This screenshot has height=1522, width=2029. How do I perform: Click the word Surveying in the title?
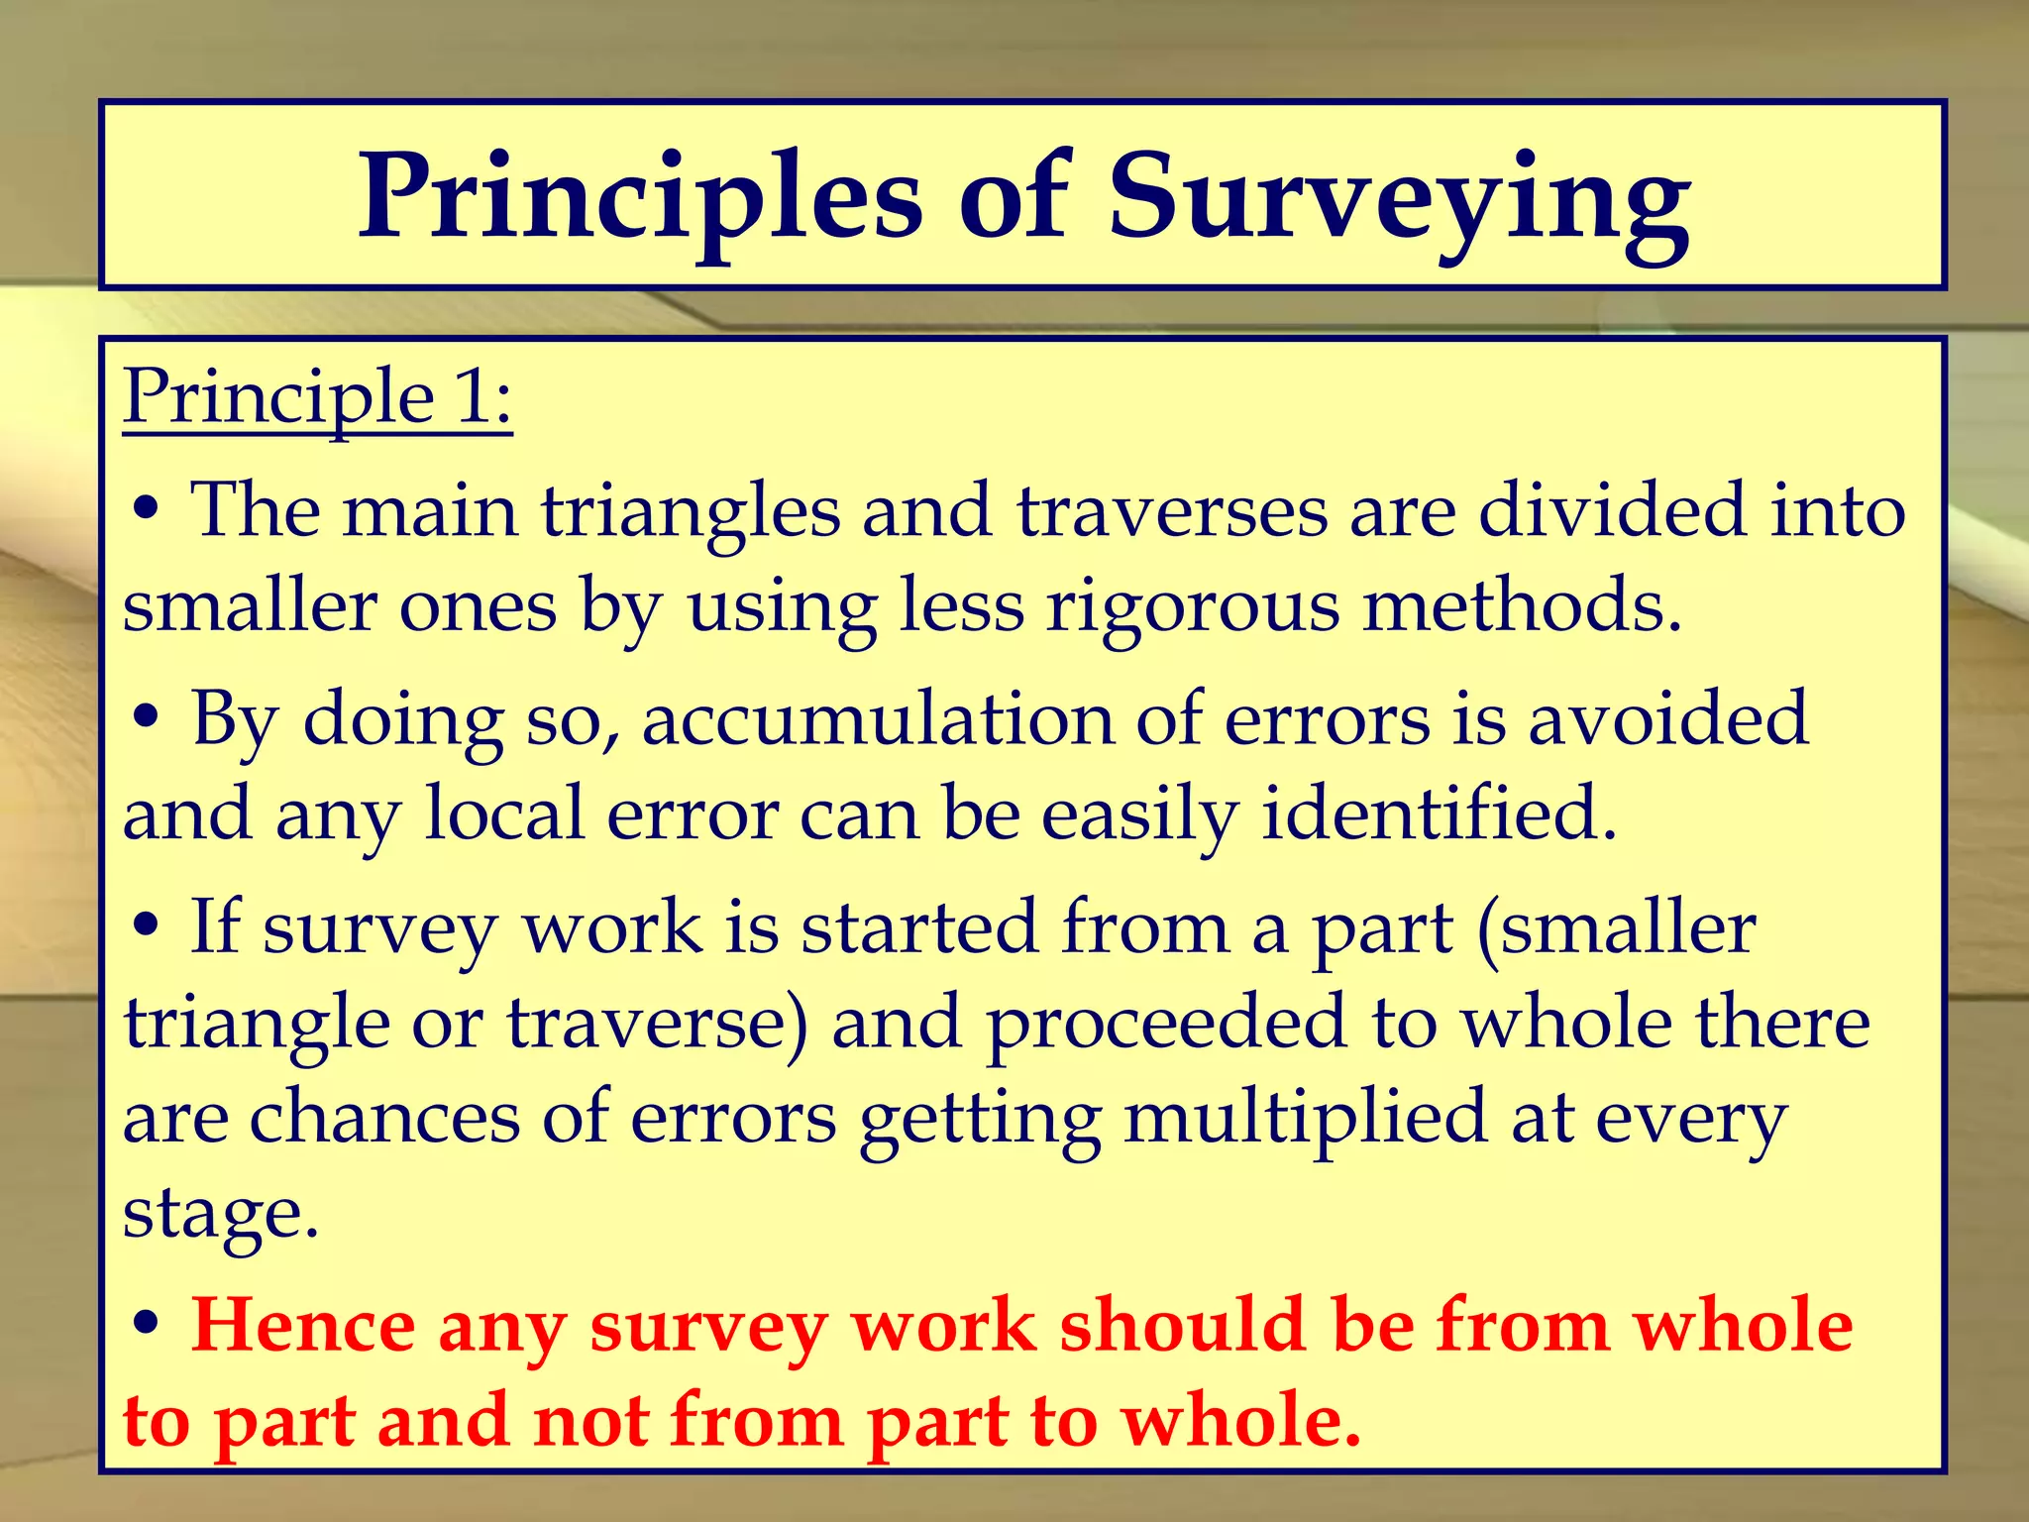click(1399, 198)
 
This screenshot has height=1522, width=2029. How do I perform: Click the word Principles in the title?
click(640, 198)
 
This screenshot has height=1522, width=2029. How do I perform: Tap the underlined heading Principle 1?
click(318, 397)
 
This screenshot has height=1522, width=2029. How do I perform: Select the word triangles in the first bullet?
click(691, 511)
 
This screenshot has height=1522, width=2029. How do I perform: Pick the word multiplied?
click(1305, 1118)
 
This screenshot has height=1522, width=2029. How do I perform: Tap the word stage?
click(220, 1214)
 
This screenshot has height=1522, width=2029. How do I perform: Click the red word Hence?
click(303, 1326)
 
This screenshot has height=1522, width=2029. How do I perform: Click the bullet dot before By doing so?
click(146, 718)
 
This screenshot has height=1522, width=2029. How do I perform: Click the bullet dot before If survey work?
click(146, 926)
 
